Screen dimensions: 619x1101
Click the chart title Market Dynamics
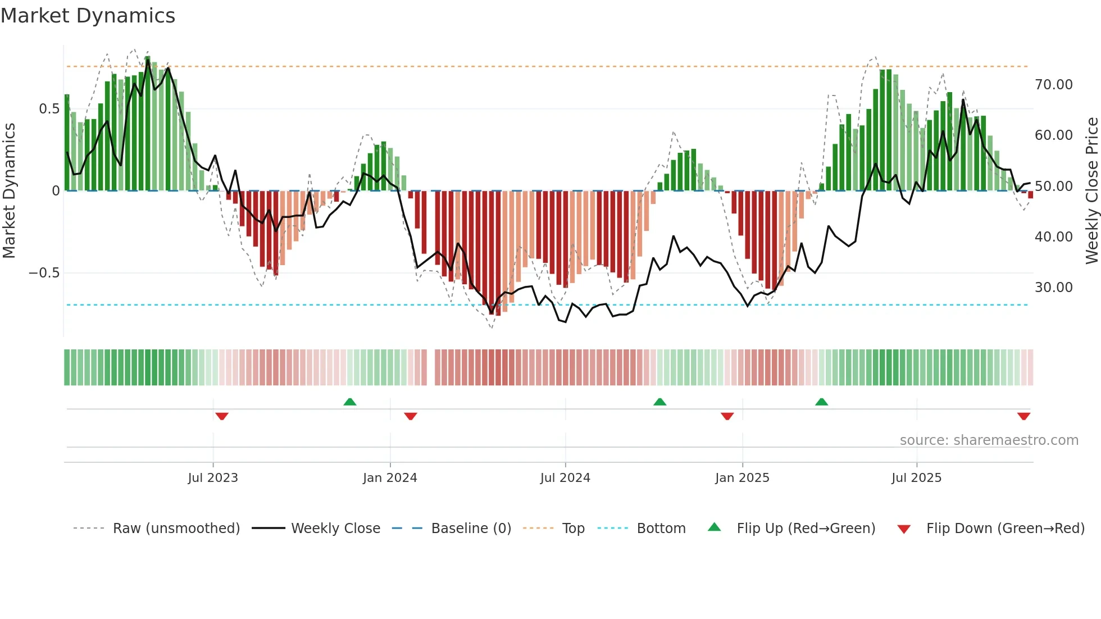pos(88,16)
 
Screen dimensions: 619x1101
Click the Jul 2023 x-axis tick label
pos(213,478)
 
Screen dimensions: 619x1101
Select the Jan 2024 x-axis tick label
pos(390,478)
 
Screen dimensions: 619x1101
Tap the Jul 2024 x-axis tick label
pos(565,478)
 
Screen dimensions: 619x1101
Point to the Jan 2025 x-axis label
pos(742,478)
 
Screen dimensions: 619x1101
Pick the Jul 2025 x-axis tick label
pos(916,478)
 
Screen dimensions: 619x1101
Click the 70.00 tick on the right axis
pos(1053,85)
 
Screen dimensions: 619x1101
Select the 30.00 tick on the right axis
pos(1053,288)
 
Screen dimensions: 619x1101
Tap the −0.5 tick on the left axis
pos(44,273)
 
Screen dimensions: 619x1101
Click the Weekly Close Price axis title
pos(1091,191)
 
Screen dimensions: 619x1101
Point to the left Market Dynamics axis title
pos(9,191)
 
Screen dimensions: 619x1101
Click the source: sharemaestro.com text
pos(989,440)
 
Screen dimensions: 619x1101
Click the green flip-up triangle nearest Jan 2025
pos(659,402)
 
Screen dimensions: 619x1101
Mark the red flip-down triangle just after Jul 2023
pos(222,416)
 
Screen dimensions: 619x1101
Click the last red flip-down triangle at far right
pos(1023,416)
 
